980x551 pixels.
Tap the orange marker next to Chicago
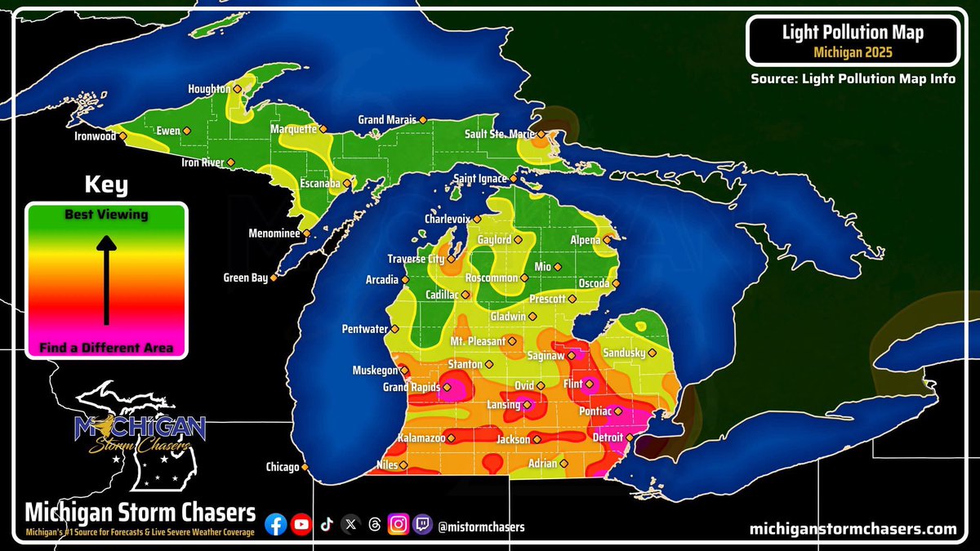[x=305, y=468]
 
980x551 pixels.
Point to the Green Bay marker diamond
[x=274, y=278]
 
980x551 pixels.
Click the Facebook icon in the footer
[x=276, y=526]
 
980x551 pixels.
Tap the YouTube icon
[x=301, y=526]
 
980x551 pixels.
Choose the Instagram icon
[x=398, y=526]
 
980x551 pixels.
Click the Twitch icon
[x=422, y=526]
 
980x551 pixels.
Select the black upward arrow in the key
[x=106, y=278]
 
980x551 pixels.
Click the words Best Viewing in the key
[x=106, y=215]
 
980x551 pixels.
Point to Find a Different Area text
[x=106, y=348]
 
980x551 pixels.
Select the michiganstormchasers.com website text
[x=853, y=529]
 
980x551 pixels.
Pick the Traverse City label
[x=416, y=259]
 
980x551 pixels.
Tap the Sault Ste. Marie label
[x=500, y=134]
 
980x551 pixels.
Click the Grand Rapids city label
[x=412, y=387]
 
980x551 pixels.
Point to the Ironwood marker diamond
[x=122, y=136]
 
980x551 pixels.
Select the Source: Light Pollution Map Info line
[x=853, y=79]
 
